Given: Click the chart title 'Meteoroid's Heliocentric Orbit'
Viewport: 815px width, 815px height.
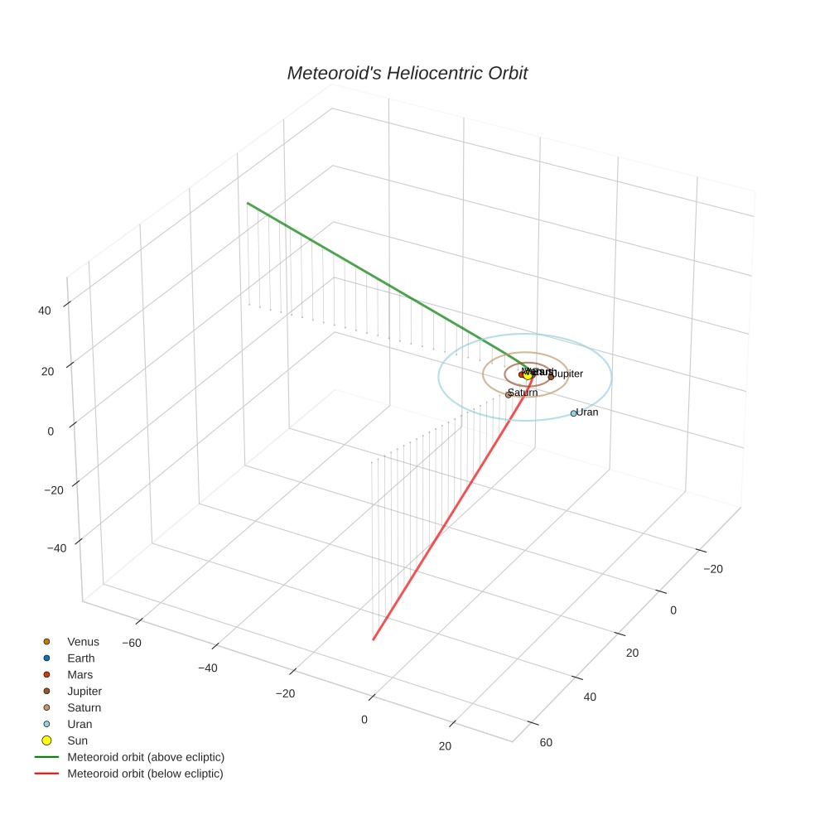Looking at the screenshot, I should click(407, 74).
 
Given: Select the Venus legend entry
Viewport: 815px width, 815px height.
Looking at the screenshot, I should click(83, 642).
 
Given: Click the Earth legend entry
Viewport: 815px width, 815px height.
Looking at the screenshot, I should click(81, 658).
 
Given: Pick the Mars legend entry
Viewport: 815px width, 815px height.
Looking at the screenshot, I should click(80, 675).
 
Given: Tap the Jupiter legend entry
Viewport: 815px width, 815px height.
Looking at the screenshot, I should click(84, 692).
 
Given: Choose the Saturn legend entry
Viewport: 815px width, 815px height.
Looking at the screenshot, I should click(84, 708).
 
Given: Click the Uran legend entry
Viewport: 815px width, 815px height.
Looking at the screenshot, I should click(80, 725).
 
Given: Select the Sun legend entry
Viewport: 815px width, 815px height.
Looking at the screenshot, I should click(77, 741).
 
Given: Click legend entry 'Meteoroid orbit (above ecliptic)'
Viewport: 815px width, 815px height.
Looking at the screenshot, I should click(146, 757).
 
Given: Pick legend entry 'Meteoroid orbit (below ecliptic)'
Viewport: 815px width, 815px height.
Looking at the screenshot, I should click(145, 774).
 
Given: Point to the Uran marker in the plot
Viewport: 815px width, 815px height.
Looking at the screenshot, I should click(573, 413).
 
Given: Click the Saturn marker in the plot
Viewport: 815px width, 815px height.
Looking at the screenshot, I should click(509, 395).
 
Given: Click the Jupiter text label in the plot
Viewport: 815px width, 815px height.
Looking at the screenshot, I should click(568, 374).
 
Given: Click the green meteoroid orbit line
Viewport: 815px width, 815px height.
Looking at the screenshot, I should click(373, 282).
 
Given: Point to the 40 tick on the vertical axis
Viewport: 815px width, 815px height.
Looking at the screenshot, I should click(45, 311).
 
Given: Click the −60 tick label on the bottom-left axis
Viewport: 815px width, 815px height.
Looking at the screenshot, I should click(133, 643).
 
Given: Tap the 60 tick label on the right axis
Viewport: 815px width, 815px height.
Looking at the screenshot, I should click(545, 742).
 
